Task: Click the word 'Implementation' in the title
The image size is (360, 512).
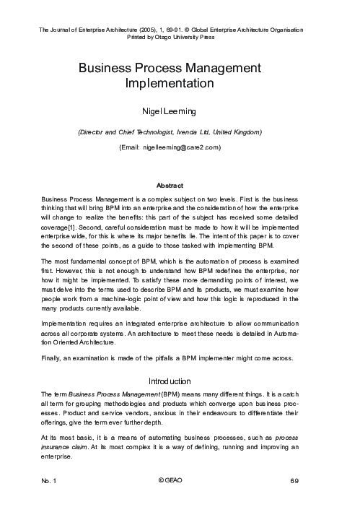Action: pos(180,84)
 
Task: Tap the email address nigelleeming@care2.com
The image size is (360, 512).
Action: pos(181,147)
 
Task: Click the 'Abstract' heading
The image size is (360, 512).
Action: pos(180,185)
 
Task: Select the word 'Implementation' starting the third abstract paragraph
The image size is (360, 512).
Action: pos(66,324)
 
